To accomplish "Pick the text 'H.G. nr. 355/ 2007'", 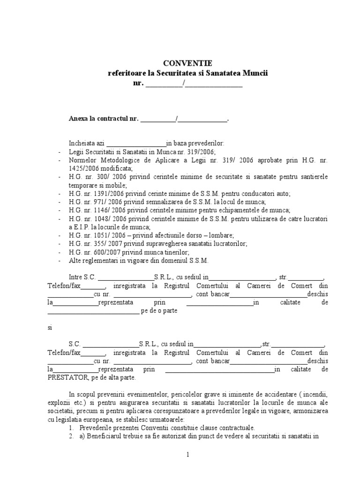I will coord(93,243).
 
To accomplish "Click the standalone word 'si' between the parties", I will coord(50,327).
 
